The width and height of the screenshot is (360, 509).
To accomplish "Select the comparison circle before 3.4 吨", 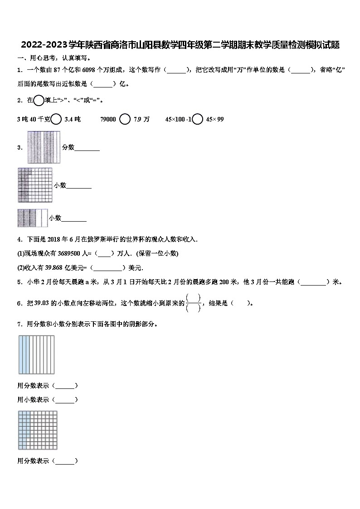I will click(x=56, y=119).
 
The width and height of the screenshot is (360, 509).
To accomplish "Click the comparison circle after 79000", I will click(x=125, y=119).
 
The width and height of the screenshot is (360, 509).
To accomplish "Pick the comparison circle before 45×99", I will click(x=197, y=119).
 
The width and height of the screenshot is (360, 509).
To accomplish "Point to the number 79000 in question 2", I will click(x=108, y=119).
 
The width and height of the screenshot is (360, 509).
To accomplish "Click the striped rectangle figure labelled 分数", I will click(x=44, y=147).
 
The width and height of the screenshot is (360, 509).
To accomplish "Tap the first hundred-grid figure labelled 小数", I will click(x=35, y=185).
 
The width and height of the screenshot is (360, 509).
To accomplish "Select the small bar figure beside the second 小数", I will click(x=32, y=218).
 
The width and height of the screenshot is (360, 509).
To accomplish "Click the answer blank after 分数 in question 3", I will click(x=87, y=147).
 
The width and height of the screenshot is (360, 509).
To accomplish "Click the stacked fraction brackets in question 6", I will click(x=194, y=303).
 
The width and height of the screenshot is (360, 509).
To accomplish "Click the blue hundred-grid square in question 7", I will click(x=38, y=430).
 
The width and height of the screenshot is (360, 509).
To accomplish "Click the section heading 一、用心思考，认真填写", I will click(x=54, y=58).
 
